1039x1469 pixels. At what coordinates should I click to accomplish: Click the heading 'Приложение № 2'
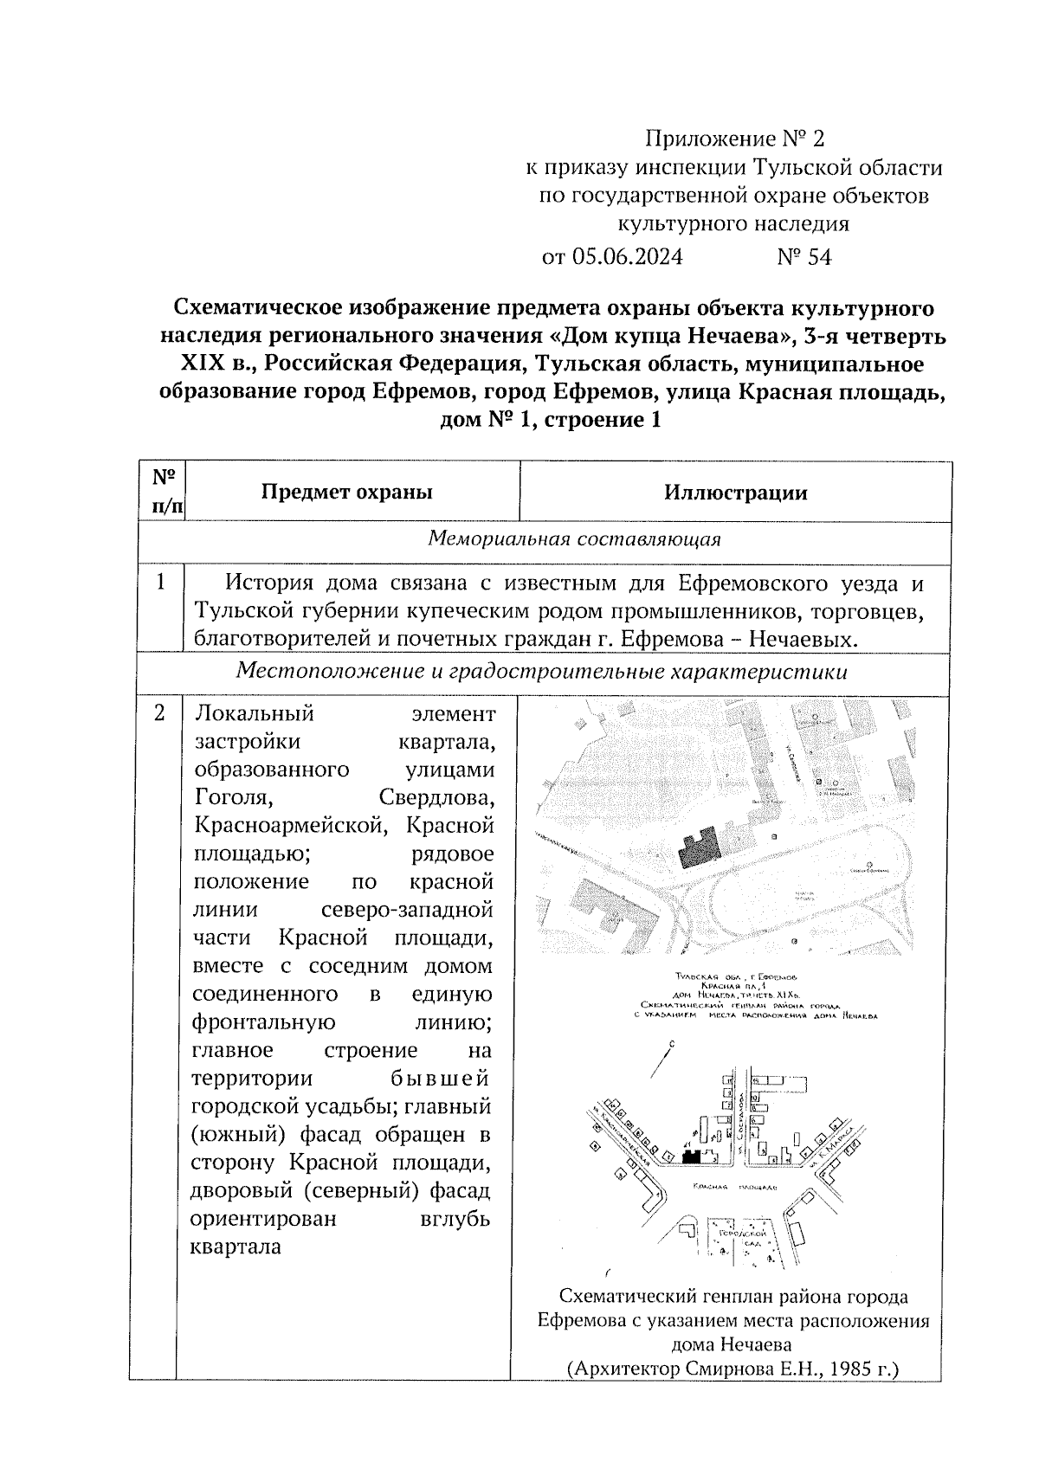[736, 139]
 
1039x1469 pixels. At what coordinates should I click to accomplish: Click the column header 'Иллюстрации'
[736, 493]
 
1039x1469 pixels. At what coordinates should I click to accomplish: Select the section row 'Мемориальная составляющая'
[575, 538]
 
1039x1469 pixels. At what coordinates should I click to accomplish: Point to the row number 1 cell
[161, 583]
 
